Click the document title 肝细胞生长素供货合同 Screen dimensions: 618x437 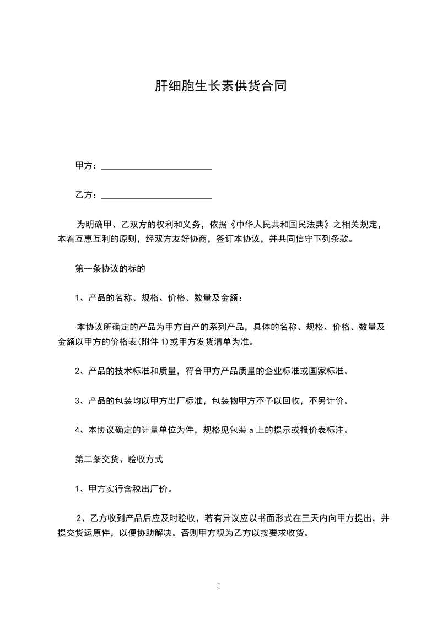[x=218, y=86]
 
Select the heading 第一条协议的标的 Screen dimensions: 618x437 [x=110, y=269]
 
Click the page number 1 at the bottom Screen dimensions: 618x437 [x=219, y=587]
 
